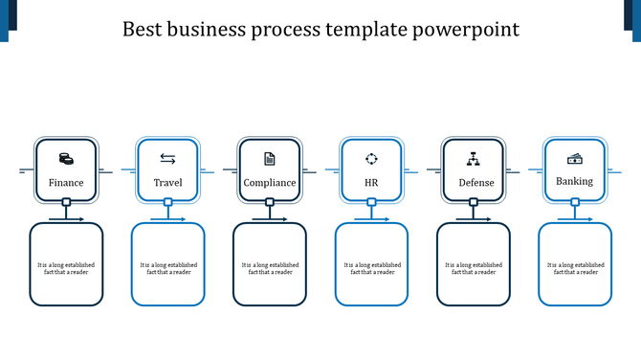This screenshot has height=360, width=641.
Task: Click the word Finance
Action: [66, 183]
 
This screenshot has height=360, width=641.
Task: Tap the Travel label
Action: [167, 183]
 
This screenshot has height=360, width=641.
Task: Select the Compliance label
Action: [270, 183]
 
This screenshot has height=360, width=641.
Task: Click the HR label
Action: [371, 183]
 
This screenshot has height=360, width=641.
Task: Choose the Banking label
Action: [575, 181]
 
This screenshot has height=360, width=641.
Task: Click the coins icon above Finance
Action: [66, 158]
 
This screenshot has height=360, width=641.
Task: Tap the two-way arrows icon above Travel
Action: [167, 158]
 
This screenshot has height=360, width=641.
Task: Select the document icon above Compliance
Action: [270, 158]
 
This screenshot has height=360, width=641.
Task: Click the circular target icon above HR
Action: [371, 158]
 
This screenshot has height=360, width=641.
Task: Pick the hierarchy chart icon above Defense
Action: [473, 158]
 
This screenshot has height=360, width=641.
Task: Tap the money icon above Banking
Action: [575, 158]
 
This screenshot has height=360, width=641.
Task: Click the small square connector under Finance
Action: [66, 202]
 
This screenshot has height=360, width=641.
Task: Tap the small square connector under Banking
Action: [575, 202]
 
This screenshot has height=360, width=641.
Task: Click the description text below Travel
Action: [168, 268]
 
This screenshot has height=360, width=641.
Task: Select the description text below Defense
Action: [474, 268]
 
